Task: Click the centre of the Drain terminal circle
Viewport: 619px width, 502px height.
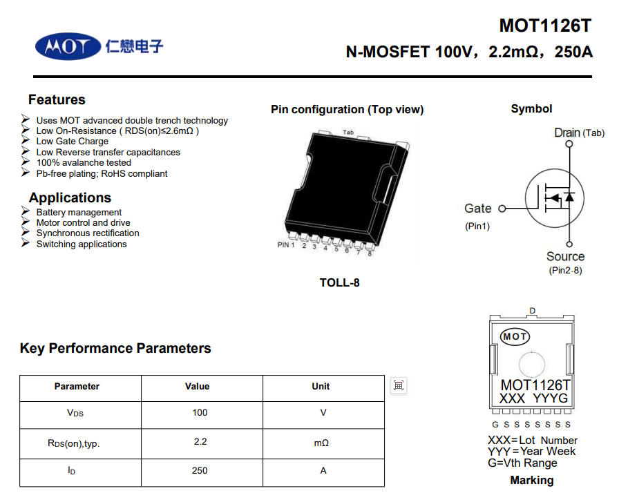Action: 569,144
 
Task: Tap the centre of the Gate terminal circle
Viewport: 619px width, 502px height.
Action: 502,209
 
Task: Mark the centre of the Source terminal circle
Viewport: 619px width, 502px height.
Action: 569,244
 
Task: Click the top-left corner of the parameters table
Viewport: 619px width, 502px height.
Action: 20,376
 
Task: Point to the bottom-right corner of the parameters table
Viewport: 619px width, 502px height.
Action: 385,487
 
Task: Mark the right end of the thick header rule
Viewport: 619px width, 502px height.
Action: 592,77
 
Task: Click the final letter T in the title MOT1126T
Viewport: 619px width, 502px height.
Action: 585,26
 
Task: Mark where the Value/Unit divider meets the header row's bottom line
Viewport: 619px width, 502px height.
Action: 263,402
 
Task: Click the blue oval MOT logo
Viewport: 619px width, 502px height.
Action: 68,46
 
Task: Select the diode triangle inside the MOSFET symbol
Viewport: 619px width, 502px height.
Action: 569,196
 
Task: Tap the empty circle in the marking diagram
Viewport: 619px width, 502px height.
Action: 532,365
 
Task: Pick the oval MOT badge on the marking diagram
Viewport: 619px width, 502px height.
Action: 515,337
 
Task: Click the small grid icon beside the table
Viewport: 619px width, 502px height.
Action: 399,385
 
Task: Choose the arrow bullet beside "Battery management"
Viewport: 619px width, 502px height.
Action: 26,211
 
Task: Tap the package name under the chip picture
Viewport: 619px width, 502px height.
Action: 339,282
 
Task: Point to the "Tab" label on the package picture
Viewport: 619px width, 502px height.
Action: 348,132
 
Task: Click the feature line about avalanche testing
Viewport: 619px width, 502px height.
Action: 84,162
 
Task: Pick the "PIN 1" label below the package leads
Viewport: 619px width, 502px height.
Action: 286,244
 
